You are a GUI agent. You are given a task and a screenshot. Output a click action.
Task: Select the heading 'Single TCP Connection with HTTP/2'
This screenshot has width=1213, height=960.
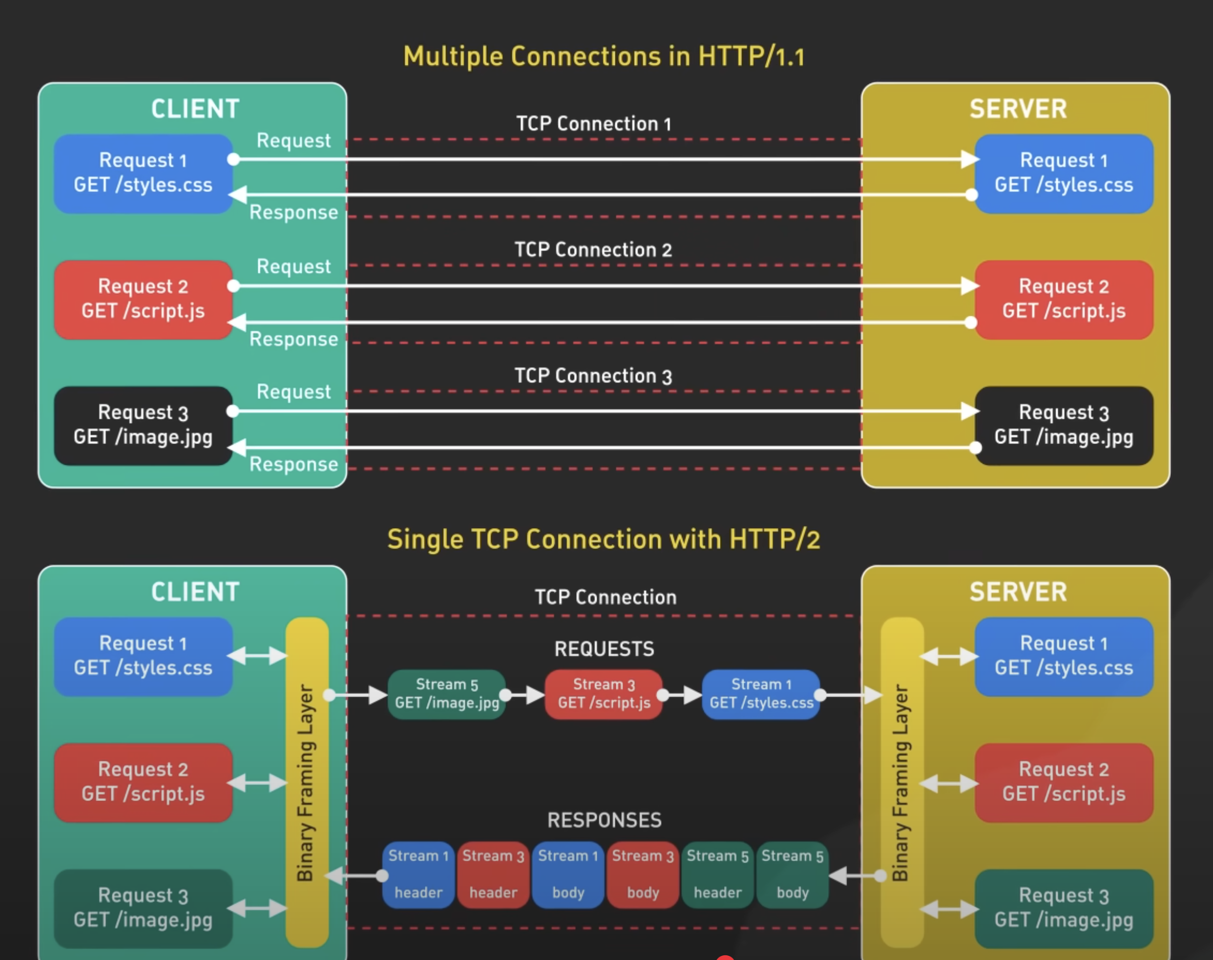[x=604, y=540]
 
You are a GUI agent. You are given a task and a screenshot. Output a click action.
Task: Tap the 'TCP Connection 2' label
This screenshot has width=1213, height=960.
[x=593, y=249]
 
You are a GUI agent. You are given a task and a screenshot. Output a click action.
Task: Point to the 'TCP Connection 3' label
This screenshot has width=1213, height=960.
[x=593, y=376]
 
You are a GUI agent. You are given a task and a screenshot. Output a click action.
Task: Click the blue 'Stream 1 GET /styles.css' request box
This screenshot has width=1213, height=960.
[x=761, y=694]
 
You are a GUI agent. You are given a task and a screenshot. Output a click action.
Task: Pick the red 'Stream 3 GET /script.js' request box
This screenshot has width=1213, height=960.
[x=604, y=694]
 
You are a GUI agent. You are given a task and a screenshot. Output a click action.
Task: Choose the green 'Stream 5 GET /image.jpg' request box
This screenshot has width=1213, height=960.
[x=447, y=694]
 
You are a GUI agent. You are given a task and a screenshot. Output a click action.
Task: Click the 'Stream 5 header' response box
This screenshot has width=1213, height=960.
[x=717, y=875]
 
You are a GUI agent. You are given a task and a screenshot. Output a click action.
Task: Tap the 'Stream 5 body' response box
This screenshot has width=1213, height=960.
[x=793, y=875]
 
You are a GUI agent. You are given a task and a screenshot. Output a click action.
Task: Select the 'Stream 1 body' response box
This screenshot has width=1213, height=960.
[x=568, y=875]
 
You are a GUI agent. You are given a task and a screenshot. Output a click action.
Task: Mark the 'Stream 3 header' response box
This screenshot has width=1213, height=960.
[x=493, y=875]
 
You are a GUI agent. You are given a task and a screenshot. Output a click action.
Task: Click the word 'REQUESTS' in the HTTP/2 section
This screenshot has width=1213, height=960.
[x=604, y=649]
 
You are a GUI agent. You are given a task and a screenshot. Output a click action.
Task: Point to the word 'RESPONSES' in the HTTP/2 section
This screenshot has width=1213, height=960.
[x=604, y=820]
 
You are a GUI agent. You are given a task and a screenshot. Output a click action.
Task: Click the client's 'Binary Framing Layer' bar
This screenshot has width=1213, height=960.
[x=307, y=781]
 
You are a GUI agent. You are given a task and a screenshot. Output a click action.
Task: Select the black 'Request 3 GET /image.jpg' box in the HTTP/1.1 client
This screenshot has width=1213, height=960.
[x=143, y=426]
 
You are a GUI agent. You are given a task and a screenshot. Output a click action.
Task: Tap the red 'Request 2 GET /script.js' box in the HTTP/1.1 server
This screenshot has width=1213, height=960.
[x=1064, y=300]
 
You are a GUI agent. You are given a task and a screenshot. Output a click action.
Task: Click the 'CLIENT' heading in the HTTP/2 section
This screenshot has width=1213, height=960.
[x=195, y=592]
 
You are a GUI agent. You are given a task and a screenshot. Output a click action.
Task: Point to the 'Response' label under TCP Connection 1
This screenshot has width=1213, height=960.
[x=293, y=212]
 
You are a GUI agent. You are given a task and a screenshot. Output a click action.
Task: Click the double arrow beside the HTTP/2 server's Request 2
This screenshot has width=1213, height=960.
[x=949, y=783]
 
